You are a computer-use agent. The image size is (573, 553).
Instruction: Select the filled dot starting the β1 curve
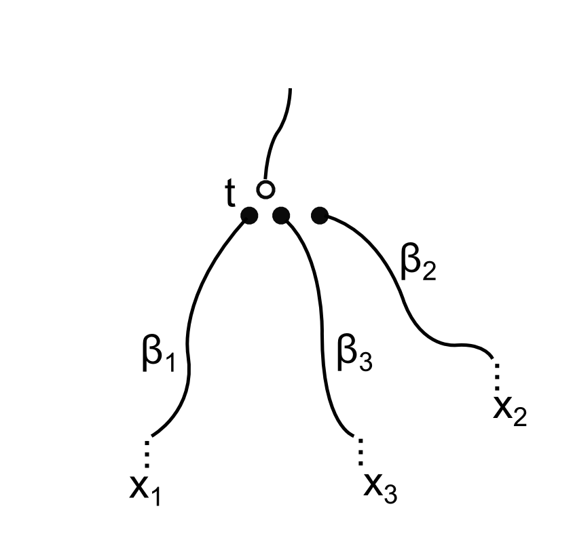tap(250, 216)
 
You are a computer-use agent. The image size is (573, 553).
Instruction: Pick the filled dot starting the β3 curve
tap(281, 216)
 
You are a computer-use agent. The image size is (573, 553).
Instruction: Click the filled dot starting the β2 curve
tap(319, 216)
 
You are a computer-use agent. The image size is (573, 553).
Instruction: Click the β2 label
tap(418, 266)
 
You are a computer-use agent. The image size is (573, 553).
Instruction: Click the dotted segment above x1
tap(147, 453)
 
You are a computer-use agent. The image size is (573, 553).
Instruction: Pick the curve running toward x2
tap(401, 299)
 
